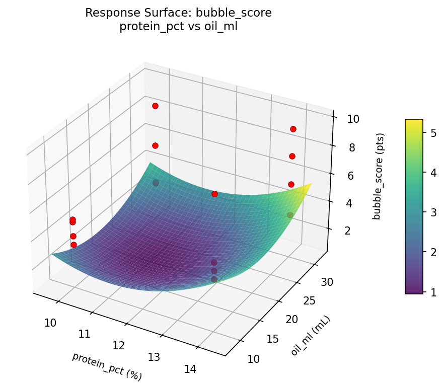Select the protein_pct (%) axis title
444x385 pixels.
click(107, 366)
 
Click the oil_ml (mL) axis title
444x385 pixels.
click(311, 336)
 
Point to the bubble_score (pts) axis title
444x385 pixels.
click(381, 176)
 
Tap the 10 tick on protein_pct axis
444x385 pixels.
click(50, 323)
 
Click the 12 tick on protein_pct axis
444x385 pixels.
click(119, 346)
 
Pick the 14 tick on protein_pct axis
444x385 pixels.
click(190, 369)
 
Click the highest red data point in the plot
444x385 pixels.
click(155, 106)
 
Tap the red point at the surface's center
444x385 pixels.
click(214, 194)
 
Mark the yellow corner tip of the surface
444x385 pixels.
click(311, 184)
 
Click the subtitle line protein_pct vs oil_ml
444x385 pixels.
click(178, 27)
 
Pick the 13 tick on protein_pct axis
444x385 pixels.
click(154, 357)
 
